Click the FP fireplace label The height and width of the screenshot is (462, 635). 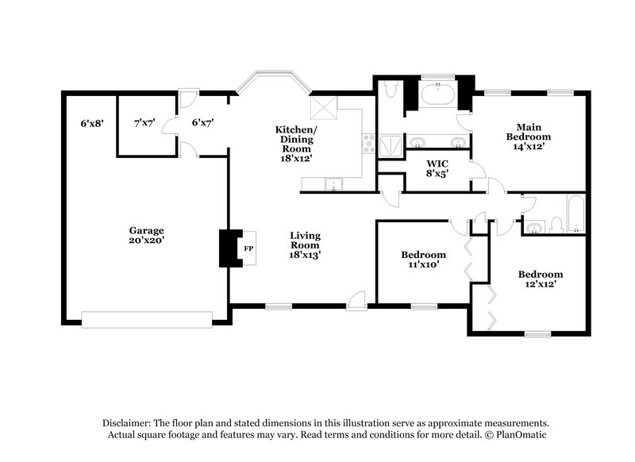click(248, 248)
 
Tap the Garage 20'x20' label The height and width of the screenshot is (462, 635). click(147, 235)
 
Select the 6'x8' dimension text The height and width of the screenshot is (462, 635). click(92, 123)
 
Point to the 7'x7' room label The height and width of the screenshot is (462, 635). click(144, 123)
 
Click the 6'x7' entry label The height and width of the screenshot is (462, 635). click(202, 123)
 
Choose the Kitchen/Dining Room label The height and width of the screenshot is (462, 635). click(294, 143)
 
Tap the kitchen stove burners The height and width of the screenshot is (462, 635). click(368, 144)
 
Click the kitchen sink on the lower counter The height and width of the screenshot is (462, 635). click(334, 185)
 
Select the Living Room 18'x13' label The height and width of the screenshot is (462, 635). click(304, 244)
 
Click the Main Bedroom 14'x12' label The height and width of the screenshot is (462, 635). click(528, 137)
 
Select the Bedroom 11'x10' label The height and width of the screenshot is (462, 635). click(423, 260)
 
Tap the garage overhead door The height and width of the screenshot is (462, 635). click(147, 319)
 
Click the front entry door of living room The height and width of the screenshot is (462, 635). click(356, 302)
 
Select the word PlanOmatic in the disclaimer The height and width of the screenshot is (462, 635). click(519, 435)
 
